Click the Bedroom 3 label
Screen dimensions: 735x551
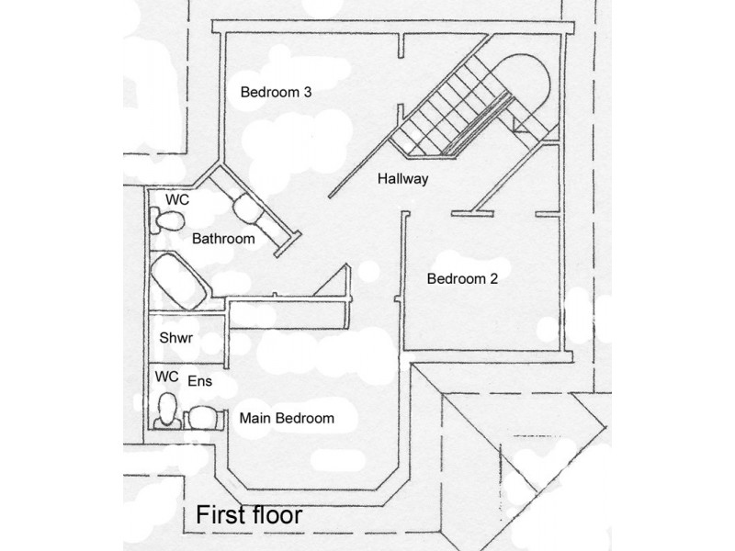point(276,92)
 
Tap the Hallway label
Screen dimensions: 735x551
point(403,179)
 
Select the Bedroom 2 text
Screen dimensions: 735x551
point(462,279)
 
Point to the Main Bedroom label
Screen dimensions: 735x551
point(287,418)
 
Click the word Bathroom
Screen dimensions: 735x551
point(223,239)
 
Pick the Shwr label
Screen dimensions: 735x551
point(175,338)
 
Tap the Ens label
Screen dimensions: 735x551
point(199,381)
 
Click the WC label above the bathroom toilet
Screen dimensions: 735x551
point(177,199)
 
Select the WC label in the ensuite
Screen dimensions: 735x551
point(167,377)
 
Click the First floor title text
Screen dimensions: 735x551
point(249,515)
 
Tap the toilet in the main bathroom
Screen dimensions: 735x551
point(167,220)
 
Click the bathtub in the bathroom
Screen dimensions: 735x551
point(178,281)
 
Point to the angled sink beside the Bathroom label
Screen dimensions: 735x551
point(248,209)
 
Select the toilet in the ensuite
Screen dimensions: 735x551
point(167,410)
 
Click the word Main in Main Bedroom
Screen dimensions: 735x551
point(254,418)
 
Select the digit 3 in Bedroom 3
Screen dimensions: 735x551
point(307,92)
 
